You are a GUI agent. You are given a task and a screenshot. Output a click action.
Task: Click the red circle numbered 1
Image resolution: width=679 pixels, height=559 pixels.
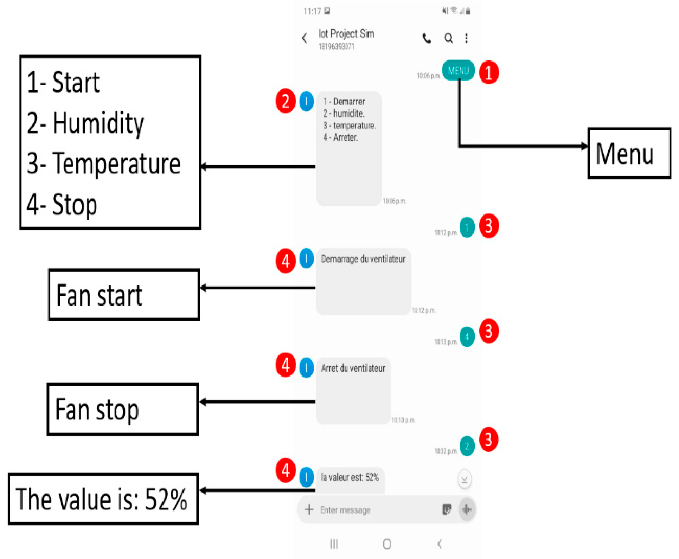click(x=489, y=73)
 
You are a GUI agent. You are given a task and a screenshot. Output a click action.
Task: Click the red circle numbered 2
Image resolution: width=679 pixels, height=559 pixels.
click(x=285, y=101)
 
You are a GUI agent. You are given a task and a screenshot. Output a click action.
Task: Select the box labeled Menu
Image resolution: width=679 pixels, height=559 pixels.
click(x=629, y=154)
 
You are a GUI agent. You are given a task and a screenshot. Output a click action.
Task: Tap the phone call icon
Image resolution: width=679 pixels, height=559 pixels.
click(x=427, y=38)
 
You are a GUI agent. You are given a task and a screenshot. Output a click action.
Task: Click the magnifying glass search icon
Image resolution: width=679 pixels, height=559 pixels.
click(x=449, y=38)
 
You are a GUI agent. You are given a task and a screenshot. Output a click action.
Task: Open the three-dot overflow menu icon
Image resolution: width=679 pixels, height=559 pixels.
click(x=467, y=38)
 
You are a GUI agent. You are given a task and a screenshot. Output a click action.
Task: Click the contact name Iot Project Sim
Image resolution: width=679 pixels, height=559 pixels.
click(x=346, y=34)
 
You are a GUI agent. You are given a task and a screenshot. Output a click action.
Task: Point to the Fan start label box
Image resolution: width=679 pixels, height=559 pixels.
click(x=124, y=295)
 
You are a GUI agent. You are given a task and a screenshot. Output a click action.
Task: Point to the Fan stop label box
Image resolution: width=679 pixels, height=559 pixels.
click(x=123, y=410)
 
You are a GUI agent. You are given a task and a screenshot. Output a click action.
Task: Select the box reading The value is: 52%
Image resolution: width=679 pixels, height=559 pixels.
click(x=103, y=499)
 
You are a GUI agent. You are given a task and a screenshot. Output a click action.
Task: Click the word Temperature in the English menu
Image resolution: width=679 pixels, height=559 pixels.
click(x=116, y=164)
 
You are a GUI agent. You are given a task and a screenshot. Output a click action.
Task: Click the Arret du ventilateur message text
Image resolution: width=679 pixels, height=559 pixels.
click(x=353, y=368)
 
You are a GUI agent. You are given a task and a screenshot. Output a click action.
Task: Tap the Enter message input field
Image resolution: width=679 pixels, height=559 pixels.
click(x=369, y=510)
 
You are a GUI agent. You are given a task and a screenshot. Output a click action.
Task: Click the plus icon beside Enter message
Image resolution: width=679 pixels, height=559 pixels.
click(x=309, y=510)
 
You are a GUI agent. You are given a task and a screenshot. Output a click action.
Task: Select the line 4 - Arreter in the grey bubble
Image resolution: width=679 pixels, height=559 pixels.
click(x=340, y=137)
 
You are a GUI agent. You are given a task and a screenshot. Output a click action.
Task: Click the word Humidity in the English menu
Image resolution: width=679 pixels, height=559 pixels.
click(x=98, y=123)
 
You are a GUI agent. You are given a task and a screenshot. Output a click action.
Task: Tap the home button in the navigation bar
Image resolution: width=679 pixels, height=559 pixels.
click(x=387, y=544)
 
